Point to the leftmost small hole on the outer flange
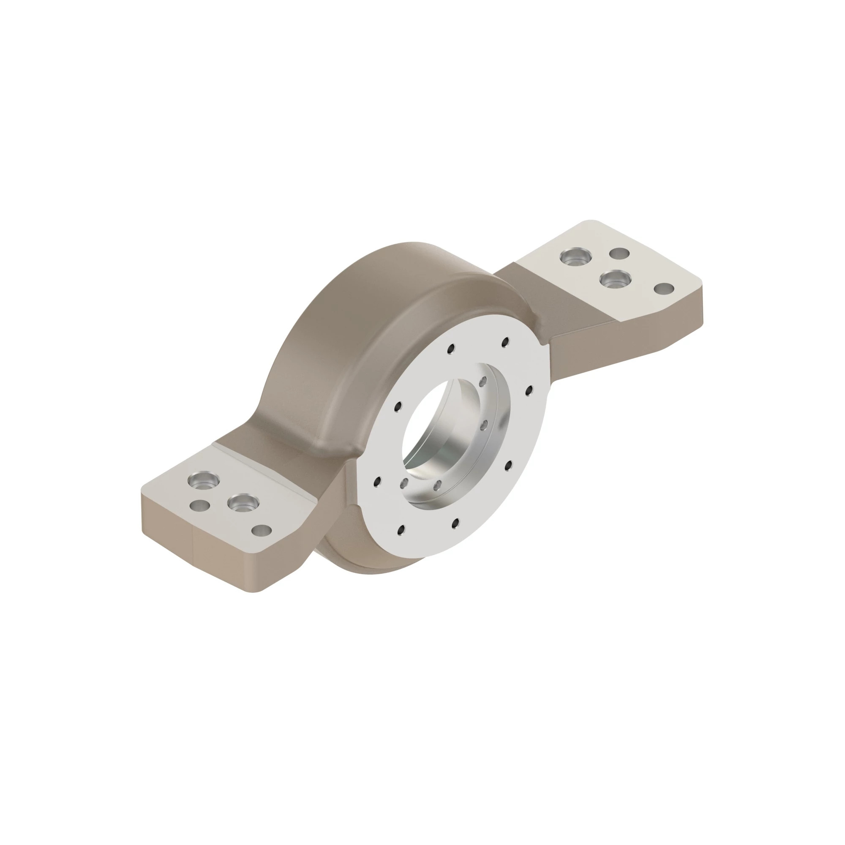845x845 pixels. point(377,482)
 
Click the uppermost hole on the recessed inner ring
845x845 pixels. point(483,382)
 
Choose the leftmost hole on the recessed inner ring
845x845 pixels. point(405,483)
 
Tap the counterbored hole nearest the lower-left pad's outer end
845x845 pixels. point(203,481)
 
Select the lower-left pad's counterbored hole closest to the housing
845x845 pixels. point(243,504)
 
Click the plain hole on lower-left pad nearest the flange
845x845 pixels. point(262,531)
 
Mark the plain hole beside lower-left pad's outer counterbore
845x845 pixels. point(200,506)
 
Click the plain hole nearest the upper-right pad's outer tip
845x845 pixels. point(664,289)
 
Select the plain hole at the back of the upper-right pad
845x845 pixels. point(619,253)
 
